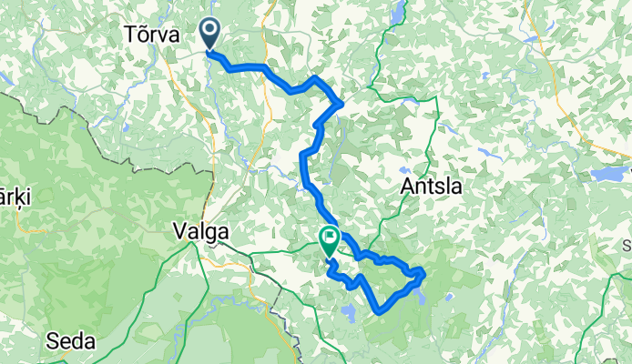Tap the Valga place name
coord(199,232)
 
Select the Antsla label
coord(432,187)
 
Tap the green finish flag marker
coord(328,240)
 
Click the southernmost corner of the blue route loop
coord(378,313)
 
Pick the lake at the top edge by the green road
coord(398,12)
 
